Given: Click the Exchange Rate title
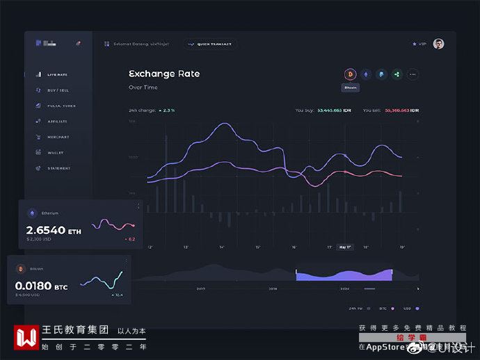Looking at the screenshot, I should click(x=164, y=74).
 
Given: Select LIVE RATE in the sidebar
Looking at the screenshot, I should click(x=57, y=74).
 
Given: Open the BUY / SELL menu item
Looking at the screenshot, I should click(x=58, y=90).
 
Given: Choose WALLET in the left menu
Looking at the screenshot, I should click(x=56, y=152).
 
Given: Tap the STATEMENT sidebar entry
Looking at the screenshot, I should click(x=58, y=168).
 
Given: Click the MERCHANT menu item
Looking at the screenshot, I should click(x=58, y=137).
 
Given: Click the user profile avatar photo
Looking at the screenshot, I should click(x=438, y=44).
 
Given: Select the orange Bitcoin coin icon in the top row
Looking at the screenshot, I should click(x=350, y=74).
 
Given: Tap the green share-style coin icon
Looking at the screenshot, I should click(x=397, y=74).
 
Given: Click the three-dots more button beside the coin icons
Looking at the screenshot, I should click(x=413, y=74).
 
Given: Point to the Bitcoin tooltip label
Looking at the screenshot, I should click(x=350, y=88).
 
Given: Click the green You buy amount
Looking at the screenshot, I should click(x=334, y=111).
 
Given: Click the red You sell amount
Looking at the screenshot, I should click(x=397, y=111).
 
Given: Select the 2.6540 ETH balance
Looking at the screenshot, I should click(x=54, y=230).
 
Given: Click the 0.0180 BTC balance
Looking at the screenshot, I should click(x=41, y=286).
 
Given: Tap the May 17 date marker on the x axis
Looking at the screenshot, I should click(x=344, y=247).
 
